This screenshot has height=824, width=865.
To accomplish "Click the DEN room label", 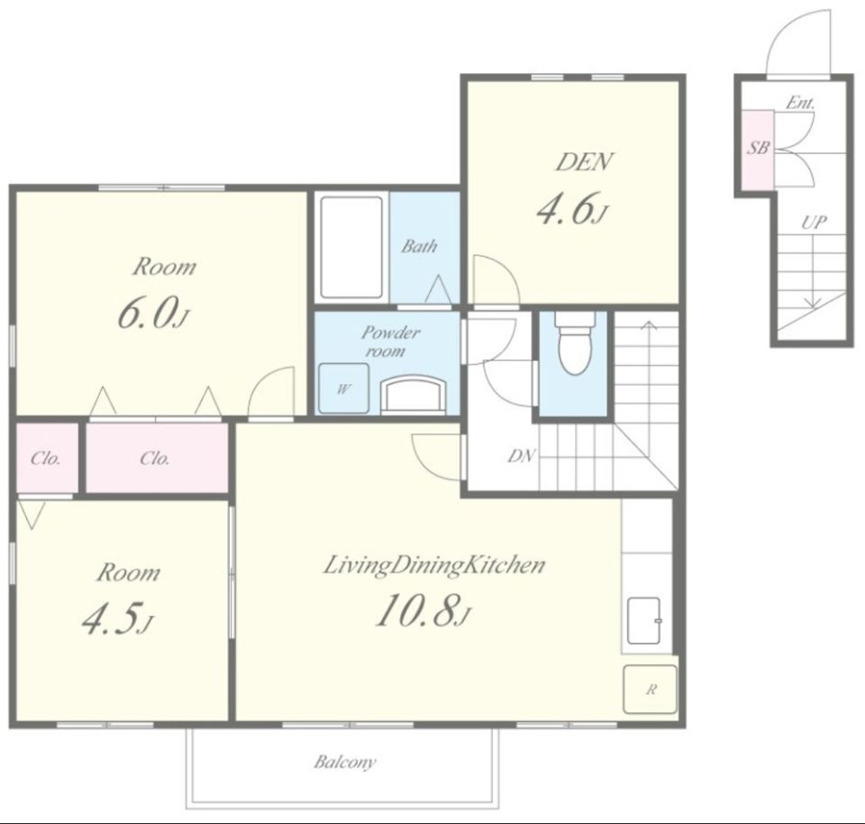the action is tap(584, 161).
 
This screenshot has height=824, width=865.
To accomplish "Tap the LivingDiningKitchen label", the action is tap(434, 565).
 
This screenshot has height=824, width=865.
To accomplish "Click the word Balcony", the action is tap(345, 762).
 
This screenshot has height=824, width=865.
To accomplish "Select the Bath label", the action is tap(419, 245).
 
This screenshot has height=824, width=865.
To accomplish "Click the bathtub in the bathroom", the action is tap(351, 248).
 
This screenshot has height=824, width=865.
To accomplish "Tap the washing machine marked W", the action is tap(343, 389).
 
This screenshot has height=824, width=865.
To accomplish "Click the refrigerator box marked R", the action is tap(650, 689).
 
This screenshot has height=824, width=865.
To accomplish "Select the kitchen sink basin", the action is tap(644, 620).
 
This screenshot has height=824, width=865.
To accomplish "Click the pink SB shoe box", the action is tap(758, 149).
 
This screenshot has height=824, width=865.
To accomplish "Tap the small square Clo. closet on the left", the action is tap(46, 458).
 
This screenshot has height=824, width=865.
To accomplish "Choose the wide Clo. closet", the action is tap(157, 458).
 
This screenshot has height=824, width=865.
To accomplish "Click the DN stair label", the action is tap(522, 456).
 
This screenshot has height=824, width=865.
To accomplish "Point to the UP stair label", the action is tap(814, 223).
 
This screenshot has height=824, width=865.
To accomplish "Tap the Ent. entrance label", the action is tap(800, 103).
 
